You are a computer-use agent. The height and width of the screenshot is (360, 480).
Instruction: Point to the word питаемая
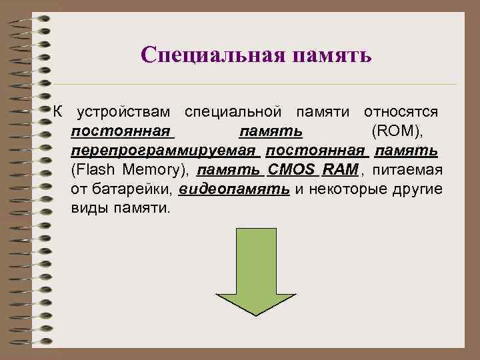click(407, 169)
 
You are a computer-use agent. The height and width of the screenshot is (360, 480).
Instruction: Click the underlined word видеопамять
click(235, 189)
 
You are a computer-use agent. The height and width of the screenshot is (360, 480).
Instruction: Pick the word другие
click(415, 189)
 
